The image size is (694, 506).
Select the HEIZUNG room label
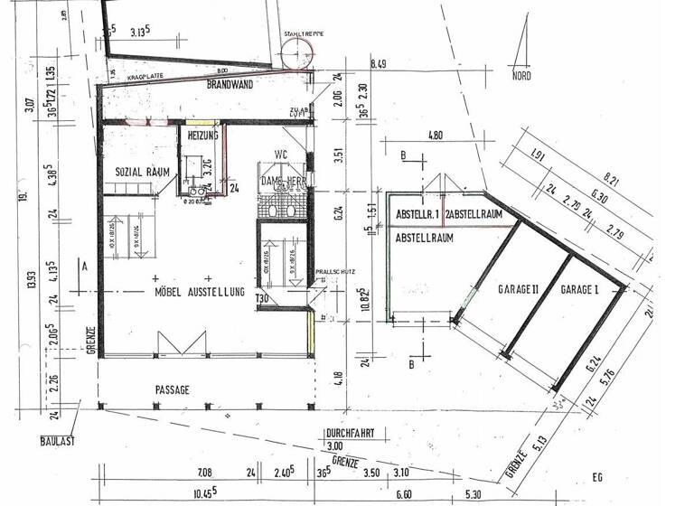(x=202, y=135)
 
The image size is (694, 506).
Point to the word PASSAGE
(x=172, y=389)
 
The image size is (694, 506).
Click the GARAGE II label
(x=518, y=290)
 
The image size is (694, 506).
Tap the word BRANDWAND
(x=230, y=84)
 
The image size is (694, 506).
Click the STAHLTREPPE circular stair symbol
(x=296, y=55)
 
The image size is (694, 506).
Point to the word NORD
(x=521, y=77)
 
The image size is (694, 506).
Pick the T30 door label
(x=263, y=299)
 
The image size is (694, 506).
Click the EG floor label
(x=596, y=476)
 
